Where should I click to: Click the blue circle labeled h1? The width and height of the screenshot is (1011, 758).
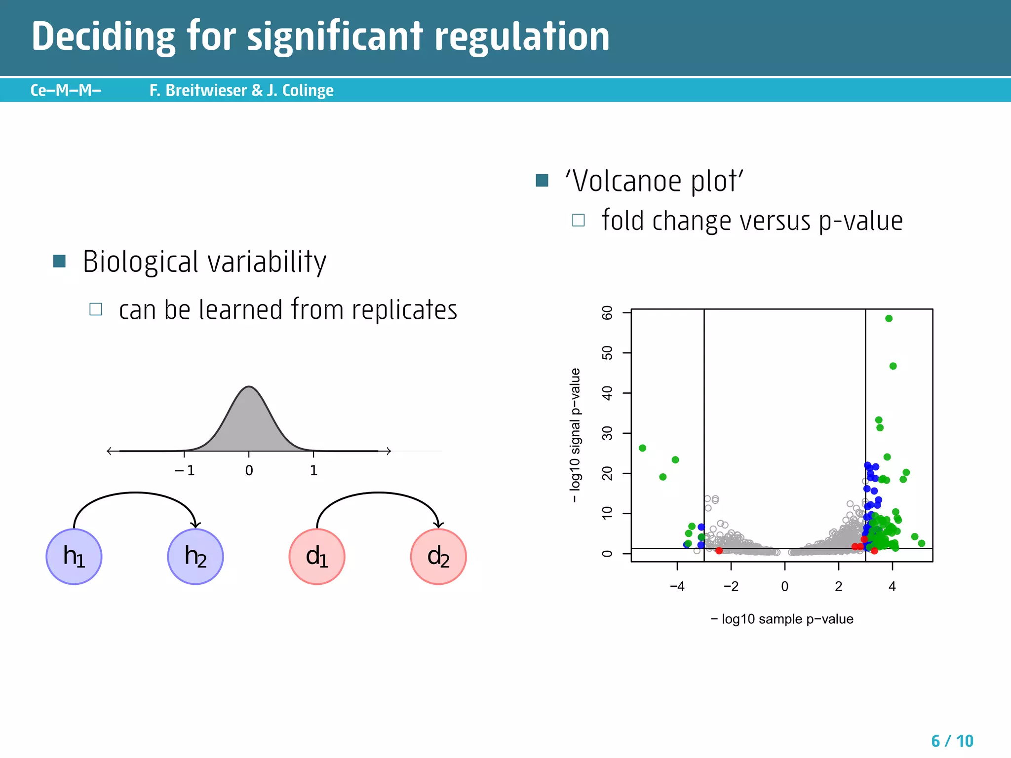coord(74,557)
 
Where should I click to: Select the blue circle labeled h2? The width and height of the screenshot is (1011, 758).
coord(195,557)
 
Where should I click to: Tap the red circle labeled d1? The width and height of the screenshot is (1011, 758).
coord(317,557)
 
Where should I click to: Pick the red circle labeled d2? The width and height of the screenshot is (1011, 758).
coord(438,557)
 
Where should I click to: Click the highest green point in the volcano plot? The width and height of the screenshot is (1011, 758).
coord(889,319)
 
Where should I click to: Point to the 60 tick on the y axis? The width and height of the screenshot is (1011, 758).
coord(607,313)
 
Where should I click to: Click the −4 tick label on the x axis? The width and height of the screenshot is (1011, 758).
coord(677,587)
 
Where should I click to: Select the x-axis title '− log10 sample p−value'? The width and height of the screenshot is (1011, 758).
coord(782,619)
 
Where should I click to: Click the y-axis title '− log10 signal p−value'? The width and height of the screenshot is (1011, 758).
coord(575,435)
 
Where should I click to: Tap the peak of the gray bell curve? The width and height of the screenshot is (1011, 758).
coord(249,387)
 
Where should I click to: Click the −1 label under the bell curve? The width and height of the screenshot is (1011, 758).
coord(185,471)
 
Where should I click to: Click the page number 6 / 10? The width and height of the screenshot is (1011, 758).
coord(952,741)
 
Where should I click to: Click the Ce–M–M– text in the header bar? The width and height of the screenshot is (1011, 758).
coord(66,90)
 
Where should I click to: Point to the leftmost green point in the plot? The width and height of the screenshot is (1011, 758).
coord(642,448)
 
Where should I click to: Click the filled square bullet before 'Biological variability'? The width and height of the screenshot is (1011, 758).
coord(59,261)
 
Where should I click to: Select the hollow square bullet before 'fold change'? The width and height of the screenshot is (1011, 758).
coord(578,220)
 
